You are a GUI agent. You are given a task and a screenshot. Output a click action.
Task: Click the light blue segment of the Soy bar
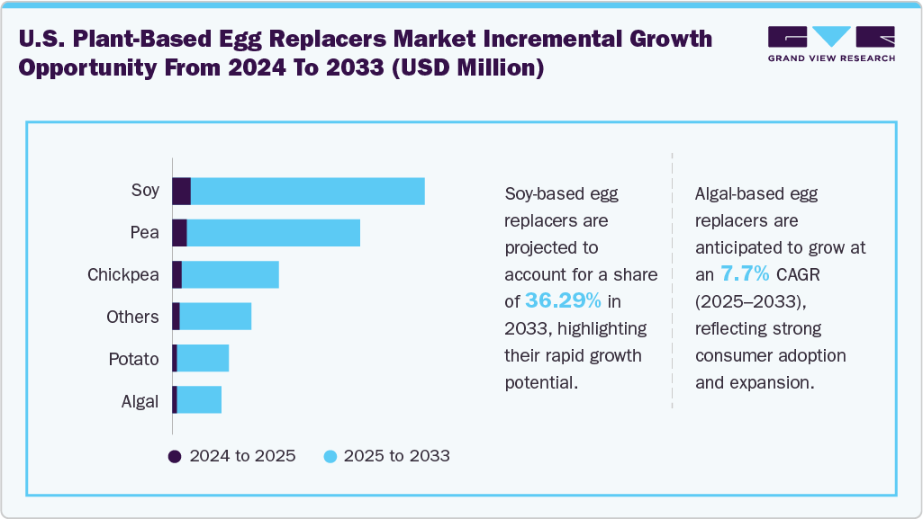click(307, 191)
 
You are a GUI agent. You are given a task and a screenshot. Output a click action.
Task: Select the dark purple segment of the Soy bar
click(182, 191)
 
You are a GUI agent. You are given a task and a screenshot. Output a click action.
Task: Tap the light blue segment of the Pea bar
click(273, 233)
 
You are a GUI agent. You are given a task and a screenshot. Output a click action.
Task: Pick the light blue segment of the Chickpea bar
click(230, 274)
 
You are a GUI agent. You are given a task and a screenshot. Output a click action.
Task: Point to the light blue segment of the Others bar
click(215, 317)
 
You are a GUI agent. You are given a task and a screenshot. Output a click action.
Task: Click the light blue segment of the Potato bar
click(203, 359)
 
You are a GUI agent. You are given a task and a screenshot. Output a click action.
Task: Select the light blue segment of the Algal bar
click(199, 400)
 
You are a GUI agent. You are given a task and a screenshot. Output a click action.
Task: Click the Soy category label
click(145, 191)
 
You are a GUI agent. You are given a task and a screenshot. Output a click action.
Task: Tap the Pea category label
click(144, 233)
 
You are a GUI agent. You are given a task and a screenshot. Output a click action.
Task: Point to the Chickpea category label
click(123, 274)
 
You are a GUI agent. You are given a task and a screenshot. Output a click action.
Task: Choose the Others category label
click(132, 317)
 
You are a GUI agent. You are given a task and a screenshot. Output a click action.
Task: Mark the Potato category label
click(134, 359)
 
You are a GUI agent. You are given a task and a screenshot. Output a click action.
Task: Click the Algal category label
click(140, 401)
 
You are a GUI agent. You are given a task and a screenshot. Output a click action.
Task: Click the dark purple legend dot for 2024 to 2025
click(176, 456)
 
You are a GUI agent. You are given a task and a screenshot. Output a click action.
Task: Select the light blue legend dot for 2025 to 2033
click(330, 456)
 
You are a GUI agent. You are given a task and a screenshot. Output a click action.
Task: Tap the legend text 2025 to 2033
click(395, 456)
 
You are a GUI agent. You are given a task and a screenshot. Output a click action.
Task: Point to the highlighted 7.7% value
click(744, 273)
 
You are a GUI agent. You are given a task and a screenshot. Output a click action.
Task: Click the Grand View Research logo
click(830, 44)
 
